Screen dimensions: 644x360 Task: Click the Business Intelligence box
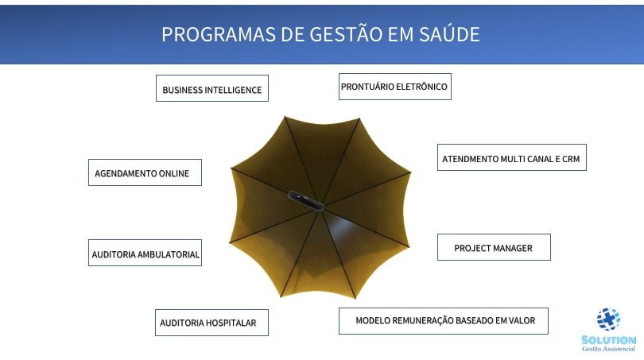click(x=212, y=88)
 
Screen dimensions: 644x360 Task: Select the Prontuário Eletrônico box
click(x=394, y=87)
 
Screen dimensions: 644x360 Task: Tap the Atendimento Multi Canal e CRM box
click(x=512, y=157)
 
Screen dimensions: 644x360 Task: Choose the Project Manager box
click(x=494, y=247)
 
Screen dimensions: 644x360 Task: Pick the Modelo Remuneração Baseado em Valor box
click(x=443, y=321)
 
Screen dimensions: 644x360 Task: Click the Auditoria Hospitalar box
click(x=211, y=323)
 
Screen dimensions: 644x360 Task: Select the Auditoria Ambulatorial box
click(x=145, y=253)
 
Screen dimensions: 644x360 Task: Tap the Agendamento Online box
click(x=145, y=172)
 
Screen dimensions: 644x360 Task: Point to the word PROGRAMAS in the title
click(x=218, y=34)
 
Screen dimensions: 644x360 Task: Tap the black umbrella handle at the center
click(x=306, y=201)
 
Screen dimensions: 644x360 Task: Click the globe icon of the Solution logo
click(x=608, y=319)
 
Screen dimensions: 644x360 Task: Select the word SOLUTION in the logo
click(x=609, y=340)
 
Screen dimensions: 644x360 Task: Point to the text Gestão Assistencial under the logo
click(x=608, y=349)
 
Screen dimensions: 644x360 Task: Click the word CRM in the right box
click(x=571, y=159)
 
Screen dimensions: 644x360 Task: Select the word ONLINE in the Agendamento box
click(x=174, y=173)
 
